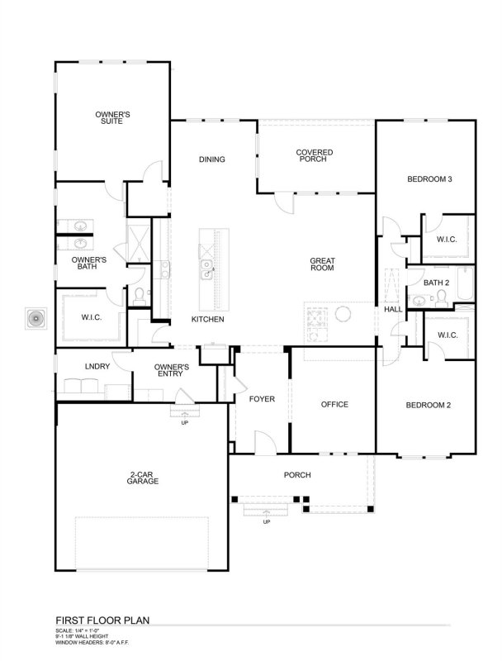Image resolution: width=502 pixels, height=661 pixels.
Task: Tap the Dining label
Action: tap(212, 159)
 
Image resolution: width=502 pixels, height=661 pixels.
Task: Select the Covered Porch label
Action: tap(313, 155)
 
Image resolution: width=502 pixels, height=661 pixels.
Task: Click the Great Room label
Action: tap(322, 264)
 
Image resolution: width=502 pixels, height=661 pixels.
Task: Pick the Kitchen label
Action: tap(207, 319)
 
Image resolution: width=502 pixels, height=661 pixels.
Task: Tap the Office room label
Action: tap(334, 404)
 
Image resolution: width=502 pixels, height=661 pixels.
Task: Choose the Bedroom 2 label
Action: tap(429, 404)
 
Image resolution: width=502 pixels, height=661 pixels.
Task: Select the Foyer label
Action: tap(262, 399)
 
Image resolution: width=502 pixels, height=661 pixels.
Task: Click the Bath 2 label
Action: tap(436, 283)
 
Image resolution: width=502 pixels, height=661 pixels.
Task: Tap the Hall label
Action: tap(392, 309)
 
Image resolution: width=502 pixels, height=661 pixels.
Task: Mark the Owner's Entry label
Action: tap(173, 370)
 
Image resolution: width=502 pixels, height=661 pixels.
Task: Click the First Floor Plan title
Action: tap(102, 617)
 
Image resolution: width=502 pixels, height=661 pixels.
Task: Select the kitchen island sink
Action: tap(208, 265)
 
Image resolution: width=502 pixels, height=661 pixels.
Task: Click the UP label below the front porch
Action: tap(266, 522)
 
